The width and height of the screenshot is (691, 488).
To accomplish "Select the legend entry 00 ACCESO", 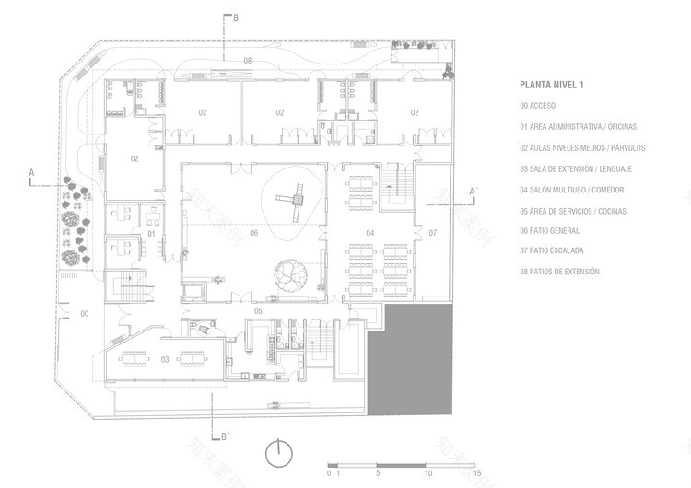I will coord(542,106).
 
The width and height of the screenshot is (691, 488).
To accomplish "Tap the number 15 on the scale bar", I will coord(477,474).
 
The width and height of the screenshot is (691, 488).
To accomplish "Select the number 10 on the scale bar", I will coord(427,474).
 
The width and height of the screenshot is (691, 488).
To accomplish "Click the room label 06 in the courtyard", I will coord(253,232).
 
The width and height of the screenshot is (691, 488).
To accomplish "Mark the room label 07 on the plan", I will coord(432,232).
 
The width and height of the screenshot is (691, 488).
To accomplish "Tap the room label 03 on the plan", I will coord(165,359).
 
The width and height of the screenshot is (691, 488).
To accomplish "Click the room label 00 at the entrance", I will coord(85,314).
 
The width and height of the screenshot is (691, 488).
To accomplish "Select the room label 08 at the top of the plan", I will coord(247,60).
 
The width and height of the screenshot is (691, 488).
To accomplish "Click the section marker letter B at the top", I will coord(236,17).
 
